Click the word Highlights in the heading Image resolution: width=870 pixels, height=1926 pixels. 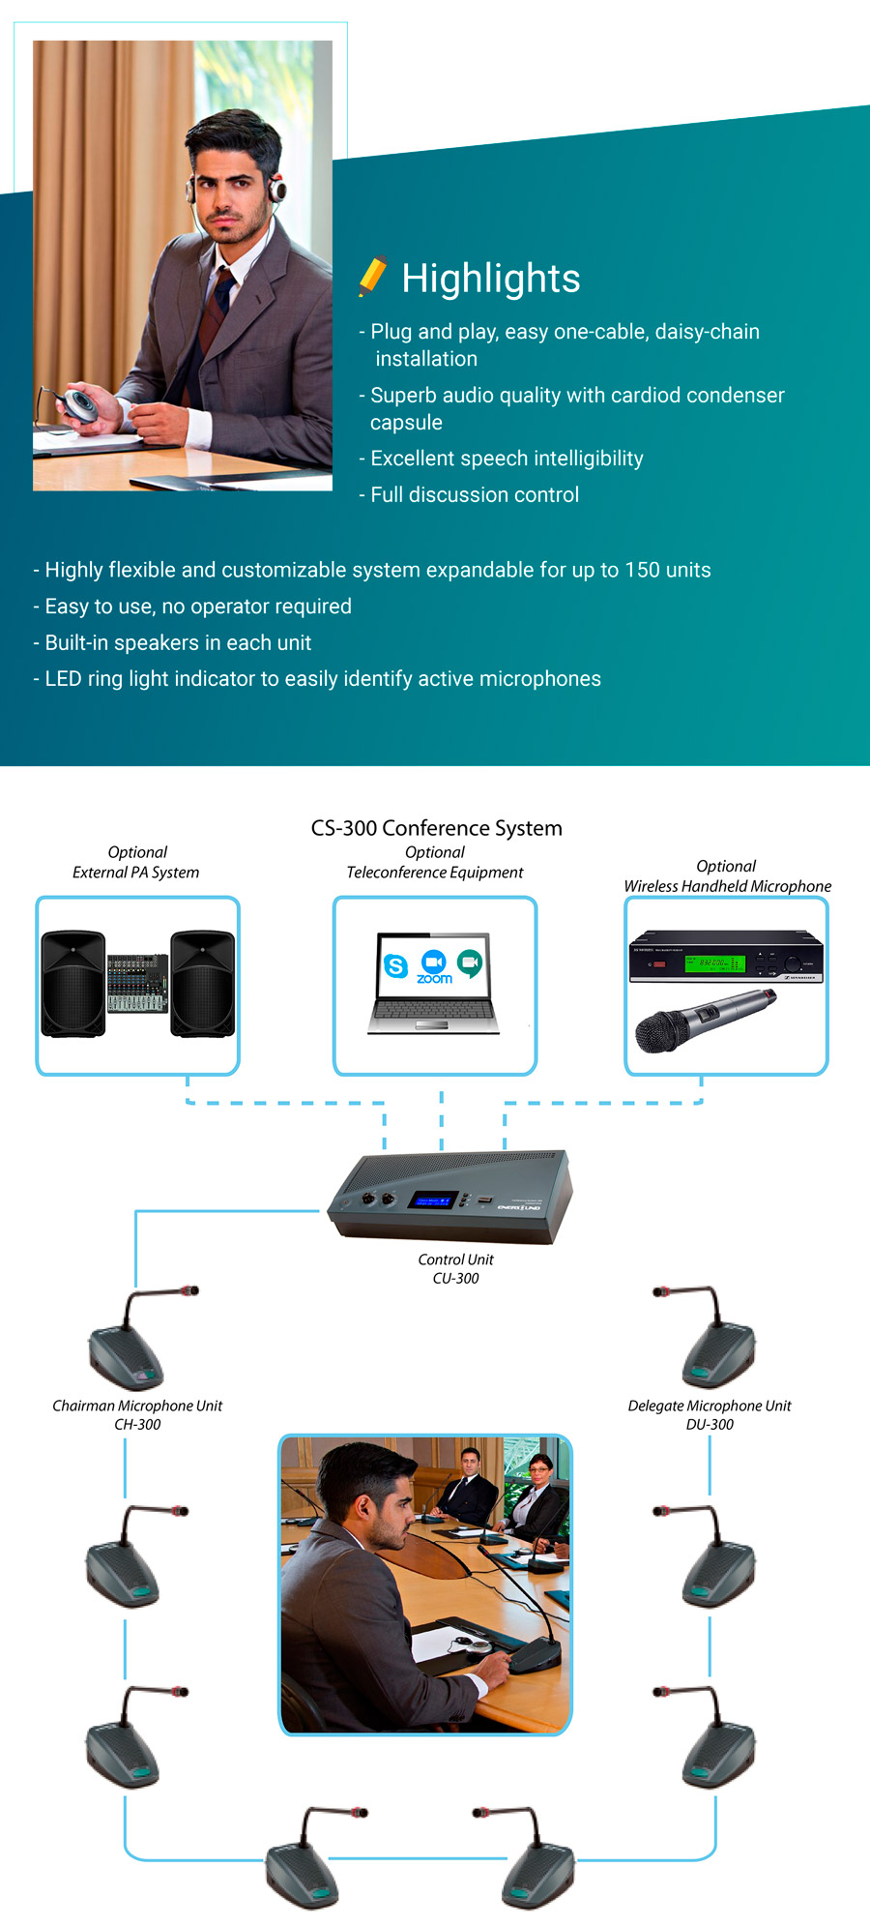point(490,279)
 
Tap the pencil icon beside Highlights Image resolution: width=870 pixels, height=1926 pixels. point(372,276)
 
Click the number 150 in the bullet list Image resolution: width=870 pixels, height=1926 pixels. point(643,570)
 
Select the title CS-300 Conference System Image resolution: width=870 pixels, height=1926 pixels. point(436,828)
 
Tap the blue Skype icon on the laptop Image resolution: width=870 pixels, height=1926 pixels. point(395,965)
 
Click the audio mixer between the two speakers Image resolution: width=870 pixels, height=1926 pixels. point(137,983)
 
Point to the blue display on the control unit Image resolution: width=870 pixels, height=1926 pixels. point(432,1200)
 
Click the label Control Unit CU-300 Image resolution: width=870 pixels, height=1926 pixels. point(455,1268)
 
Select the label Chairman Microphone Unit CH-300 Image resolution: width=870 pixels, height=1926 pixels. point(137,1414)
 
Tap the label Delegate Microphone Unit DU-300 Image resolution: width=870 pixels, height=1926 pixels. point(710,1414)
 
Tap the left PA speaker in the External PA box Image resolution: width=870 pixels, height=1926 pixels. point(73,984)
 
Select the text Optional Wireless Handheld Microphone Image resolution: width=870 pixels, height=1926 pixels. point(727,876)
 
